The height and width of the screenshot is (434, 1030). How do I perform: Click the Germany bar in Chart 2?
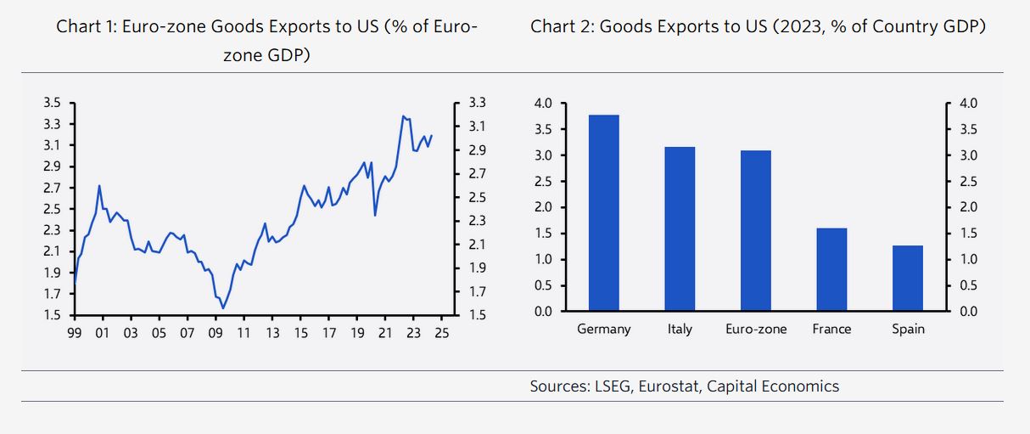[x=603, y=212]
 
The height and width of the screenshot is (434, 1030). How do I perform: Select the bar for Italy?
[x=680, y=228]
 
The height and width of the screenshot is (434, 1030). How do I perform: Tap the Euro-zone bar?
[x=755, y=230]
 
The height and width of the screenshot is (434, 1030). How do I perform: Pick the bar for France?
[x=831, y=269]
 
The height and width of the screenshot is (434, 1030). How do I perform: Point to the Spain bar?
[x=908, y=278]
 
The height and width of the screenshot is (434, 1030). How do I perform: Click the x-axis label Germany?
[x=603, y=329]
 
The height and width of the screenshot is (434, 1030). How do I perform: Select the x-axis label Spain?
[x=908, y=329]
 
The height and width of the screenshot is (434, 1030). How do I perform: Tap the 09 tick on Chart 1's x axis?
[x=216, y=333]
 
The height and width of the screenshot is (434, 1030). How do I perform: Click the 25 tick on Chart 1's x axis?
[x=442, y=333]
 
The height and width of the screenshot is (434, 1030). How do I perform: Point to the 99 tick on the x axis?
[x=74, y=333]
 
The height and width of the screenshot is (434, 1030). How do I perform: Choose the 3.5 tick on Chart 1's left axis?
[x=51, y=103]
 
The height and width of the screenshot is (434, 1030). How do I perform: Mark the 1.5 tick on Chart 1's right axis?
[x=477, y=315]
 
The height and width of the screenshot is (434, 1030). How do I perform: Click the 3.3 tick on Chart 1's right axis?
[x=477, y=103]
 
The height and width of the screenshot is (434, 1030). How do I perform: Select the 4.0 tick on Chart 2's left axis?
[x=543, y=104]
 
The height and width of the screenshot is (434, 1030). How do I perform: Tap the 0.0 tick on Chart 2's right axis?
[x=967, y=312]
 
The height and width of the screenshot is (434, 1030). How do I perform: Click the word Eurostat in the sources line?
[x=672, y=386]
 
